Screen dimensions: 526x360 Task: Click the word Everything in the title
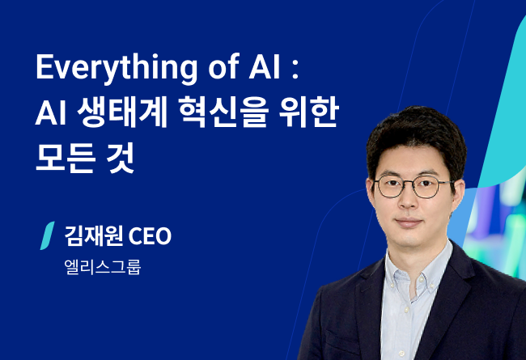[117, 68]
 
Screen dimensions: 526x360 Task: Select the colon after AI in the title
[295, 70]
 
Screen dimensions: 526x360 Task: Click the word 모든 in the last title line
[66, 157]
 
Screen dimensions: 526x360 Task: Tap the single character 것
[121, 157]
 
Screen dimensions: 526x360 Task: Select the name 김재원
[94, 236]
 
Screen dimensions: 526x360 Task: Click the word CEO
[150, 236]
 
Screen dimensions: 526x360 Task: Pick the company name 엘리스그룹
[103, 267]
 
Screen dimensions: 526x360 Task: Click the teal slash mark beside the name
[47, 235]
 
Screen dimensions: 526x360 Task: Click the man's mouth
[409, 222]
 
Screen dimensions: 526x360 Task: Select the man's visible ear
[460, 195]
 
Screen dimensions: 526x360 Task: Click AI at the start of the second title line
[50, 113]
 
